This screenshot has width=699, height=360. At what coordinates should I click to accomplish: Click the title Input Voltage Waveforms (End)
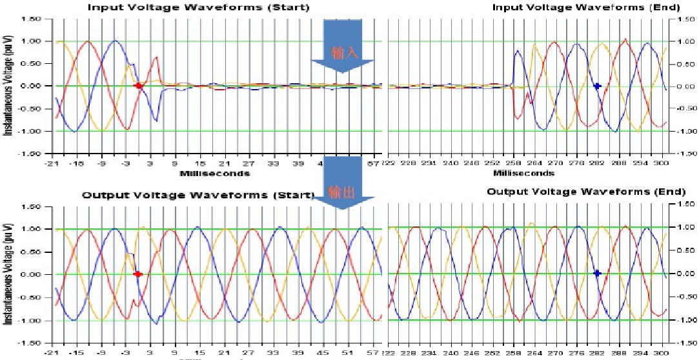(x=586, y=8)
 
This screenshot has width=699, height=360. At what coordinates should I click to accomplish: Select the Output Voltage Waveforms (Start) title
(x=198, y=195)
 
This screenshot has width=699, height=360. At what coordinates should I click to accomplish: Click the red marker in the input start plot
(x=138, y=85)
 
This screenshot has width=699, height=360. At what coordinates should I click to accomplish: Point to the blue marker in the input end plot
(x=597, y=86)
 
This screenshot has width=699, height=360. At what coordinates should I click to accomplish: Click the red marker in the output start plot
(x=137, y=274)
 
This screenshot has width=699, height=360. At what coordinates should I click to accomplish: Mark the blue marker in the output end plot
(x=597, y=274)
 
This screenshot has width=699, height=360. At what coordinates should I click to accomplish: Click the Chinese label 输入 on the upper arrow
(x=343, y=52)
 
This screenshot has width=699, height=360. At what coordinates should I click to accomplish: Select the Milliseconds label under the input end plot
(x=523, y=174)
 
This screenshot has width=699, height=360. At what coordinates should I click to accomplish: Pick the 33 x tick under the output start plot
(x=274, y=354)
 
